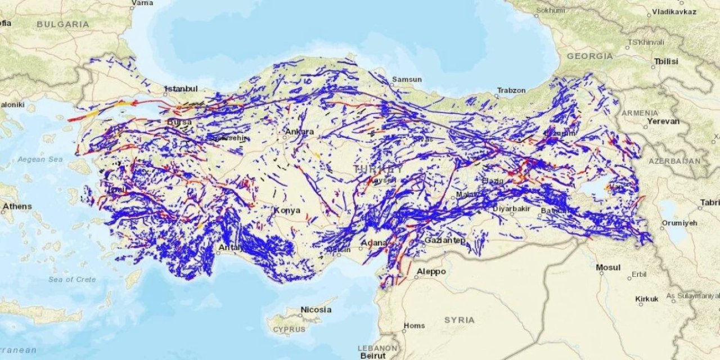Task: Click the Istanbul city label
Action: point(181,89)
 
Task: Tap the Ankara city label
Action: point(299,132)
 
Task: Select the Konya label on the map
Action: point(283,210)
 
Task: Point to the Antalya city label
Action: point(231,247)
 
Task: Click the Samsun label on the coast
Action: point(407,79)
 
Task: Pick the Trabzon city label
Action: point(511,90)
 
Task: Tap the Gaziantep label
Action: point(444,240)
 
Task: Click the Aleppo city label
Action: point(431,272)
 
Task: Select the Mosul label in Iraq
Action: point(608,267)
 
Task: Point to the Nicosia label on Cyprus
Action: point(316,309)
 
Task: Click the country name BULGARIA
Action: point(63,24)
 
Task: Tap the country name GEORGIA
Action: point(589,56)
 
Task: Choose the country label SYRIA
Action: point(459,319)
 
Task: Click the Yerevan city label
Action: point(663,121)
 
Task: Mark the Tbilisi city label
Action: point(666,61)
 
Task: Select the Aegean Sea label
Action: point(40,159)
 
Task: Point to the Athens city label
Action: point(17,206)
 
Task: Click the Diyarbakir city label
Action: point(511,209)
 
